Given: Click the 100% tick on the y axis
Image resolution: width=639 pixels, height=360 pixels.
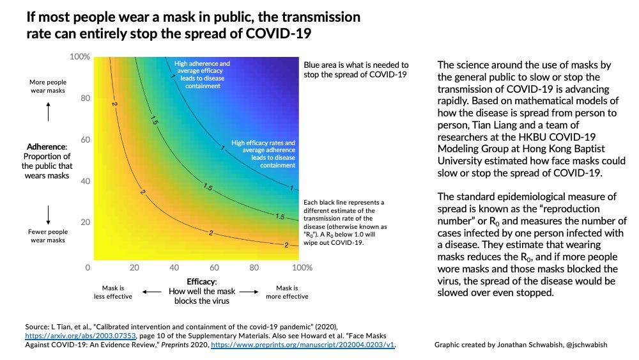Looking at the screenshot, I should (x=80, y=57).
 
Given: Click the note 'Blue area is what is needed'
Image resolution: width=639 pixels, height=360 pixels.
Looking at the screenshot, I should (x=356, y=65).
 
